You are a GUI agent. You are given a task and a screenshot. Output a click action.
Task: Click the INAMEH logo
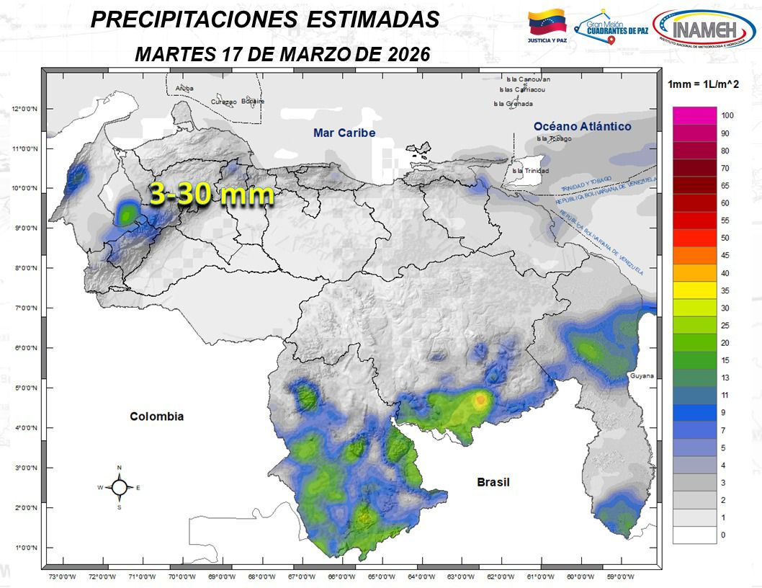click(x=704, y=31)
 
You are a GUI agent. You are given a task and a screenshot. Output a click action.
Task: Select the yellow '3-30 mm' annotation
click(x=212, y=194)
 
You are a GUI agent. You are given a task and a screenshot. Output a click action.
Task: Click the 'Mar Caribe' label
click(x=344, y=133)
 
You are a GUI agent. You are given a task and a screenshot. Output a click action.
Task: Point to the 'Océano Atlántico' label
click(x=583, y=126)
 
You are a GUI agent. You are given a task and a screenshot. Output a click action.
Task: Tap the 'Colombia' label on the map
click(x=156, y=416)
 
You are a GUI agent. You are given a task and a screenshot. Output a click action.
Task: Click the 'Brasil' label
click(x=493, y=482)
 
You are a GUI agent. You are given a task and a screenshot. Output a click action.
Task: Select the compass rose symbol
click(x=119, y=488)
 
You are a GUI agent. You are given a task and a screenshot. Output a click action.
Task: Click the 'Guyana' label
click(x=640, y=376)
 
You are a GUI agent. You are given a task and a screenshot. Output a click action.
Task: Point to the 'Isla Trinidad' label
click(x=529, y=171)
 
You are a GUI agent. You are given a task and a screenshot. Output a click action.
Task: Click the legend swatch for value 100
click(x=694, y=115)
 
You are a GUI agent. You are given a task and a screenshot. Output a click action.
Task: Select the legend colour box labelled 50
click(x=694, y=238)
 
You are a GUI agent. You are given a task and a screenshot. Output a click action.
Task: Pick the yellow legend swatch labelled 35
click(x=694, y=290)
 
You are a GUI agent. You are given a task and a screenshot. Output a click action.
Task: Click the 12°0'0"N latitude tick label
click(x=24, y=110)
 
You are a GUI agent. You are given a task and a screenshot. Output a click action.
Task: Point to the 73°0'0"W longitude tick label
click(x=63, y=576)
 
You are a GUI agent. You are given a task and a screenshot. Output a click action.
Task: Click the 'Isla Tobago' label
click(x=553, y=138)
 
